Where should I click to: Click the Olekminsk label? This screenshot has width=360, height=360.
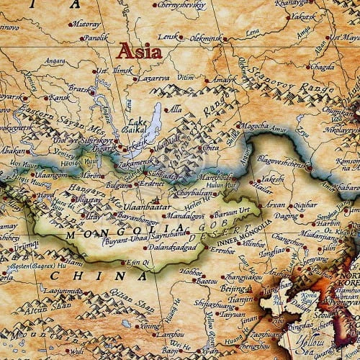click(212, 35)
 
